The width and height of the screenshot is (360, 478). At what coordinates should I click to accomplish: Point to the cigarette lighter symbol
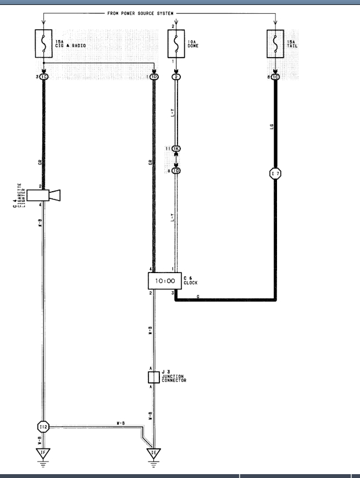pyautogui.click(x=43, y=195)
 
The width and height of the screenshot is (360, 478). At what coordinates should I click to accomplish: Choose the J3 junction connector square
pyautogui.click(x=154, y=377)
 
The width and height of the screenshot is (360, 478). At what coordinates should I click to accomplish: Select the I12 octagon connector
pyautogui.click(x=43, y=426)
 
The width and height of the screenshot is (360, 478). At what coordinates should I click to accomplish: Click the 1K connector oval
pyautogui.click(x=176, y=148)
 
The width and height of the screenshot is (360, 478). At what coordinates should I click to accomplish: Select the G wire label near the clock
pyautogui.click(x=197, y=296)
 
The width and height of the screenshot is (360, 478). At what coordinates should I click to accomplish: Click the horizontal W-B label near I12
pyautogui.click(x=119, y=423)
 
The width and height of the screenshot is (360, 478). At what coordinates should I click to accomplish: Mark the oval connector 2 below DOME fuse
pyautogui.click(x=176, y=77)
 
